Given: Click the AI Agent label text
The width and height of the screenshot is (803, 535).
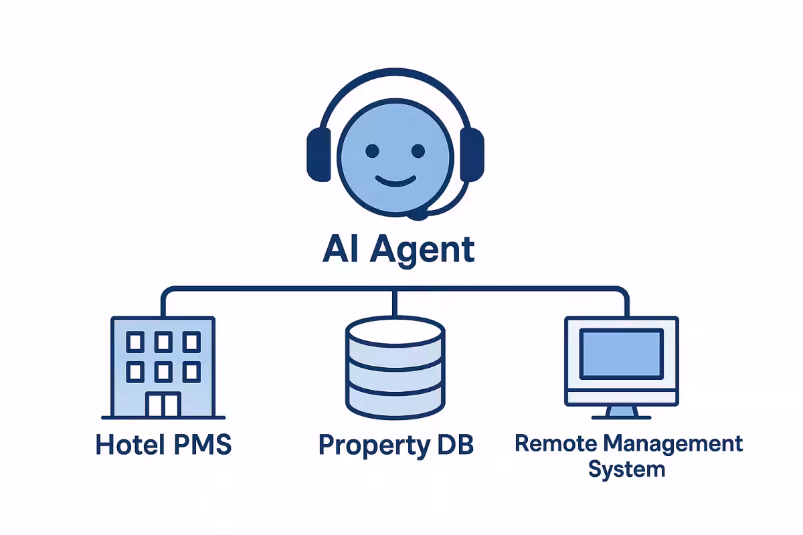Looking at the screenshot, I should pyautogui.click(x=399, y=250).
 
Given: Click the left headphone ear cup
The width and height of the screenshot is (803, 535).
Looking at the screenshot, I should pyautogui.click(x=319, y=154).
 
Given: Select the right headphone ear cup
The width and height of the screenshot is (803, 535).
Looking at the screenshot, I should pyautogui.click(x=471, y=154).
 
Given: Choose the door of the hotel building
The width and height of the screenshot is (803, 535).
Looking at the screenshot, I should pyautogui.click(x=163, y=404).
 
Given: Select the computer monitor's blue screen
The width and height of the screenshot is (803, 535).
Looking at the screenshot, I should pyautogui.click(x=621, y=353).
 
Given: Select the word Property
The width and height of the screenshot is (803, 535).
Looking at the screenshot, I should pyautogui.click(x=372, y=445).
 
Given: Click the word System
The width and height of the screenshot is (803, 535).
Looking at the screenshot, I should pyautogui.click(x=626, y=468).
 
